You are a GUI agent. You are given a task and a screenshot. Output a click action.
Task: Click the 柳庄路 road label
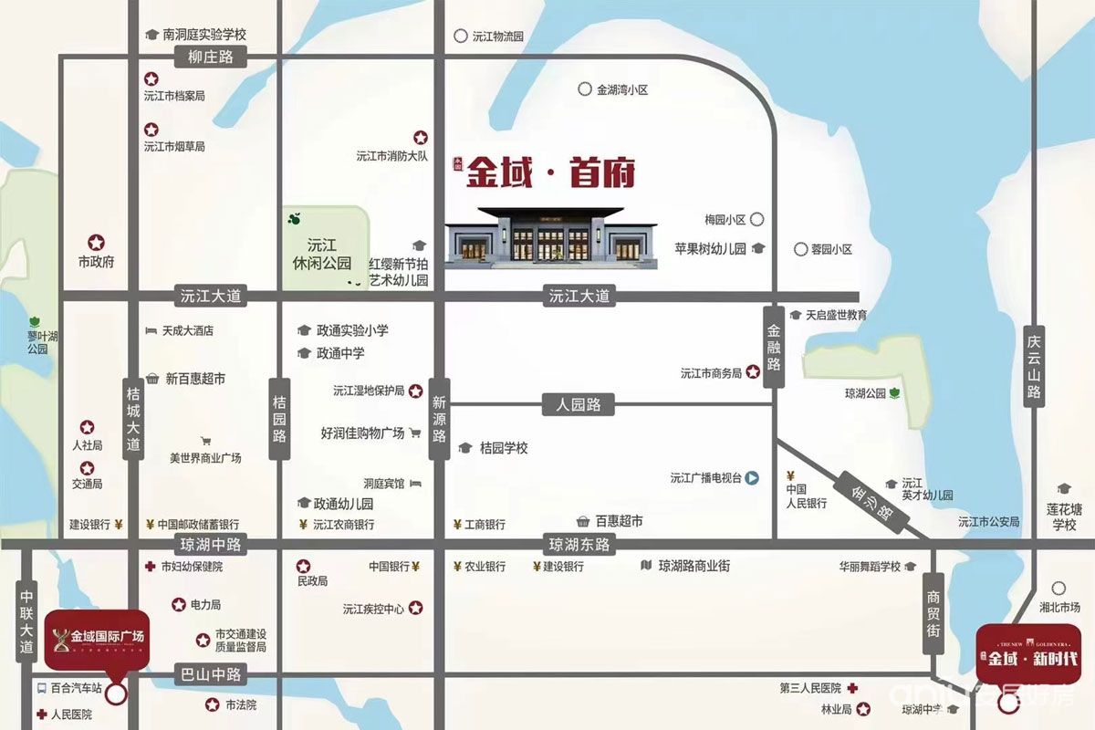(x=211, y=57)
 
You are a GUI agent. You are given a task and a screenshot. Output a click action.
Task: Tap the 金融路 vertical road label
(x=774, y=346)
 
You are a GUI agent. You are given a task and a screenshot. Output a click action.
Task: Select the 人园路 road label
(x=579, y=404)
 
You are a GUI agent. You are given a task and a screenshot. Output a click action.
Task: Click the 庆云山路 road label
(x=1033, y=365)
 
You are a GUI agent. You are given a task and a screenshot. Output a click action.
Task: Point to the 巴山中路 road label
(x=211, y=675)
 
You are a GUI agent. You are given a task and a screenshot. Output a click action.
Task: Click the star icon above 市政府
(x=96, y=243)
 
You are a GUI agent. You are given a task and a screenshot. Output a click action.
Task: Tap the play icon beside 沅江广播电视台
(x=753, y=477)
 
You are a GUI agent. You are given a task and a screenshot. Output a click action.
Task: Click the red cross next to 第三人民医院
(x=852, y=688)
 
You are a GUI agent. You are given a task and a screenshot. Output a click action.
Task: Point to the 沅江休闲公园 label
(x=323, y=254)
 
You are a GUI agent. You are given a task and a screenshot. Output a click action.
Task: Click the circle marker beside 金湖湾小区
(x=584, y=89)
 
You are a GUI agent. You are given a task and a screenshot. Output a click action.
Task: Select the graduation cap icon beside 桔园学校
(x=464, y=448)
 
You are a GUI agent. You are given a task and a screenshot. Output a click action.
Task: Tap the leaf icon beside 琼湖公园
(x=895, y=393)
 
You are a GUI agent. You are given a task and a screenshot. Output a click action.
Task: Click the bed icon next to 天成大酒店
(x=151, y=330)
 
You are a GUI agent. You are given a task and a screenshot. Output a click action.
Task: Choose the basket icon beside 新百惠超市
(x=152, y=378)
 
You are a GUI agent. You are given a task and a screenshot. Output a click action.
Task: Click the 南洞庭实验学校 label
(x=204, y=34)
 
